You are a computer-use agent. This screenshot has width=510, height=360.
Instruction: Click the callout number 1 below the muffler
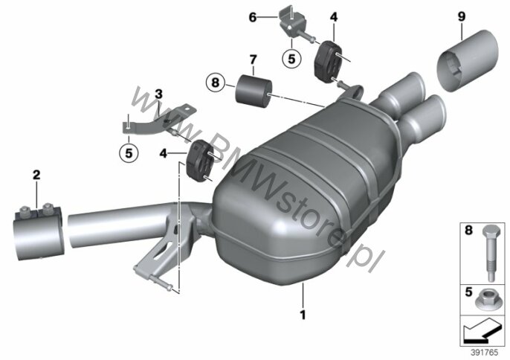point(303,315)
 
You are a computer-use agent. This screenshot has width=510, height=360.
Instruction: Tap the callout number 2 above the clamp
point(36,175)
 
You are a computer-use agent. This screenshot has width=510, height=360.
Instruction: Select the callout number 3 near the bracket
point(158,94)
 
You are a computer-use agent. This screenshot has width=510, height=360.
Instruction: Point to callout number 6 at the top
point(253,17)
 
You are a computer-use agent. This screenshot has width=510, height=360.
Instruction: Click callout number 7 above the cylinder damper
point(254,60)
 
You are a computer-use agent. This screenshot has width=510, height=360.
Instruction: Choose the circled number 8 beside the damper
point(216,83)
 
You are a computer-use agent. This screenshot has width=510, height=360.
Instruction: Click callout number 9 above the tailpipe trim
point(462,16)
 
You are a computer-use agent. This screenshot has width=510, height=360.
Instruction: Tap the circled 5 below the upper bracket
point(291,59)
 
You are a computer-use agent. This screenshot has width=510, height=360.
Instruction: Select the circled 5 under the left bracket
point(129,152)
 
